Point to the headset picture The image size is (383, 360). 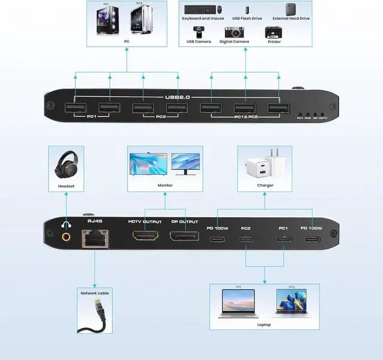pyautogui.click(x=65, y=166)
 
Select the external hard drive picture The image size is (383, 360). pyautogui.click(x=291, y=9)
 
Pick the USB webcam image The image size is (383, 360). pyautogui.click(x=198, y=31)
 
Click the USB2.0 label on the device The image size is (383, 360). pyautogui.click(x=178, y=97)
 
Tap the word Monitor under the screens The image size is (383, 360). pyautogui.click(x=165, y=185)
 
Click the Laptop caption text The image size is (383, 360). pyautogui.click(x=264, y=325)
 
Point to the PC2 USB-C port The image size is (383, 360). pyautogui.click(x=245, y=240)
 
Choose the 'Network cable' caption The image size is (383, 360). pyautogui.click(x=95, y=293)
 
